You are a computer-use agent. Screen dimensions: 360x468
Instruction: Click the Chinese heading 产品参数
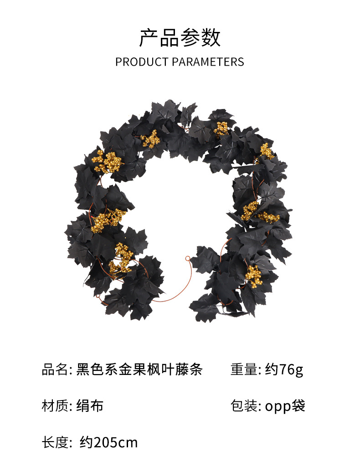pos(180,38)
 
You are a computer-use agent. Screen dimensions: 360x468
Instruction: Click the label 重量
pos(244,369)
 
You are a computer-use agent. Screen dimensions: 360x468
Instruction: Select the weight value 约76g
pos(284,369)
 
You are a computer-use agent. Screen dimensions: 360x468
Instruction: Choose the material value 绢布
pos(90,405)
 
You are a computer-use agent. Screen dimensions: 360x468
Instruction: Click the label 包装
pos(244,405)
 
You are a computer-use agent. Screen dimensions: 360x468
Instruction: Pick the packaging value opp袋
pos(285,406)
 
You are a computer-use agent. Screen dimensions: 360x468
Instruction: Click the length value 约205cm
pos(108,442)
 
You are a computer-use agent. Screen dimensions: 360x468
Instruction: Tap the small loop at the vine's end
pos(187,259)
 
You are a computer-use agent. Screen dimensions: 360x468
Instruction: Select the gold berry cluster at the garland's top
pos(221,128)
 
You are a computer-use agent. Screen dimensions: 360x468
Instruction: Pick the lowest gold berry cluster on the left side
pos(121,258)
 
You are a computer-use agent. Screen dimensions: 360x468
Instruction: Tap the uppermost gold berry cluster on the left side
pos(108,161)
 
